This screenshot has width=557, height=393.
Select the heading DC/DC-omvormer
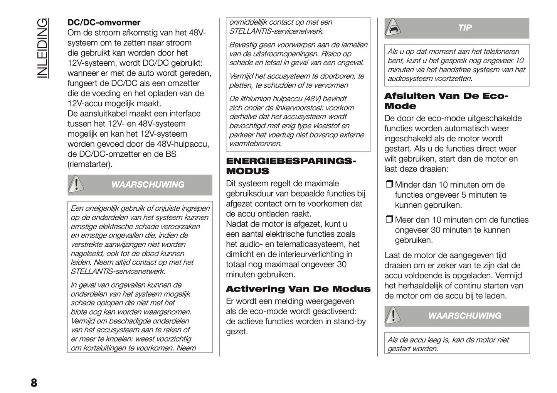104,23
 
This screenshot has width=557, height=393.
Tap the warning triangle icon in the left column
76,184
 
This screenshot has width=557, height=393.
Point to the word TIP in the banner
464,28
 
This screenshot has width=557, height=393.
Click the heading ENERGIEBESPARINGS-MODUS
291,166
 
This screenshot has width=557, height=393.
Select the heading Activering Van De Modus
298,289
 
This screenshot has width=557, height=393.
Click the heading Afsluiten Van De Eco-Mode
446,101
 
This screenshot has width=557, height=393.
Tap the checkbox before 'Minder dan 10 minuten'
389,185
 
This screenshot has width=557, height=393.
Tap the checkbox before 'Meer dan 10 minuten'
389,220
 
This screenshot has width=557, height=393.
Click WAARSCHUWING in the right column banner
464,316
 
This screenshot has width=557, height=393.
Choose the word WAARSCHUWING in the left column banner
148,185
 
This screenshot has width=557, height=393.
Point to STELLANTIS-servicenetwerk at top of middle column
276,31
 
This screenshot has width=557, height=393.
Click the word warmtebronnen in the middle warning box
255,144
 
